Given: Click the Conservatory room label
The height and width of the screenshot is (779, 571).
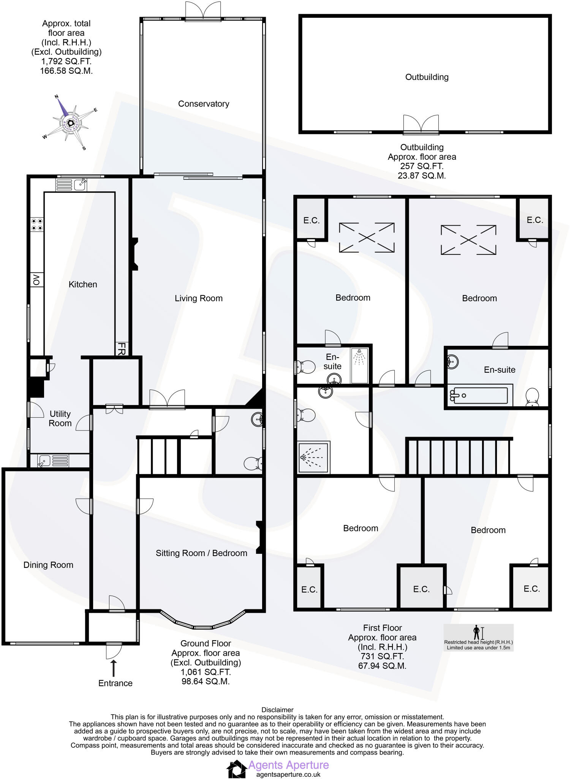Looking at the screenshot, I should (x=204, y=104).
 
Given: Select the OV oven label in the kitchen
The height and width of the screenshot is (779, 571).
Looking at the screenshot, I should (x=36, y=280).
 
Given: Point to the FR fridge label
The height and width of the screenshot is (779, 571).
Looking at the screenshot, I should (x=121, y=348).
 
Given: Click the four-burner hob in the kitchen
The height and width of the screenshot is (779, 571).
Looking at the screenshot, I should (x=37, y=224).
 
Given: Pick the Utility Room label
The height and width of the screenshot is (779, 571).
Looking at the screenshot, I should (x=60, y=418).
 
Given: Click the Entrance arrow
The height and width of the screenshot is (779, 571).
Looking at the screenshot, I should (x=113, y=668).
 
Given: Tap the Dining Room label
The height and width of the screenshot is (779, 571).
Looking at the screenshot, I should (x=48, y=565).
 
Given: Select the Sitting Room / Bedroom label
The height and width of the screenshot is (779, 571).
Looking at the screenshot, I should (x=201, y=553).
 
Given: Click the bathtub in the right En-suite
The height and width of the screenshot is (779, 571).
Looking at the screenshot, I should (x=479, y=396).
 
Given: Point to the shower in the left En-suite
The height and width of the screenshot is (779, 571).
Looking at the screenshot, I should (x=359, y=365).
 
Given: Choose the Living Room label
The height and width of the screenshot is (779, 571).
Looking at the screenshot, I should (x=199, y=299).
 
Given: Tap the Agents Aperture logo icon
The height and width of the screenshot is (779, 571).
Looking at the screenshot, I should (x=236, y=769).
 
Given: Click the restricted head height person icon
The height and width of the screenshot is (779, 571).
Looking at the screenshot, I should (x=476, y=633).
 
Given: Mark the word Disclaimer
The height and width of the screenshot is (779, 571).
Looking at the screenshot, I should (x=277, y=710).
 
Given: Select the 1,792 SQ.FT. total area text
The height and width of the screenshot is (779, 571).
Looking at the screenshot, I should (x=66, y=61).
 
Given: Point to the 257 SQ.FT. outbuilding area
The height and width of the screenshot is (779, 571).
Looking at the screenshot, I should (x=422, y=166).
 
